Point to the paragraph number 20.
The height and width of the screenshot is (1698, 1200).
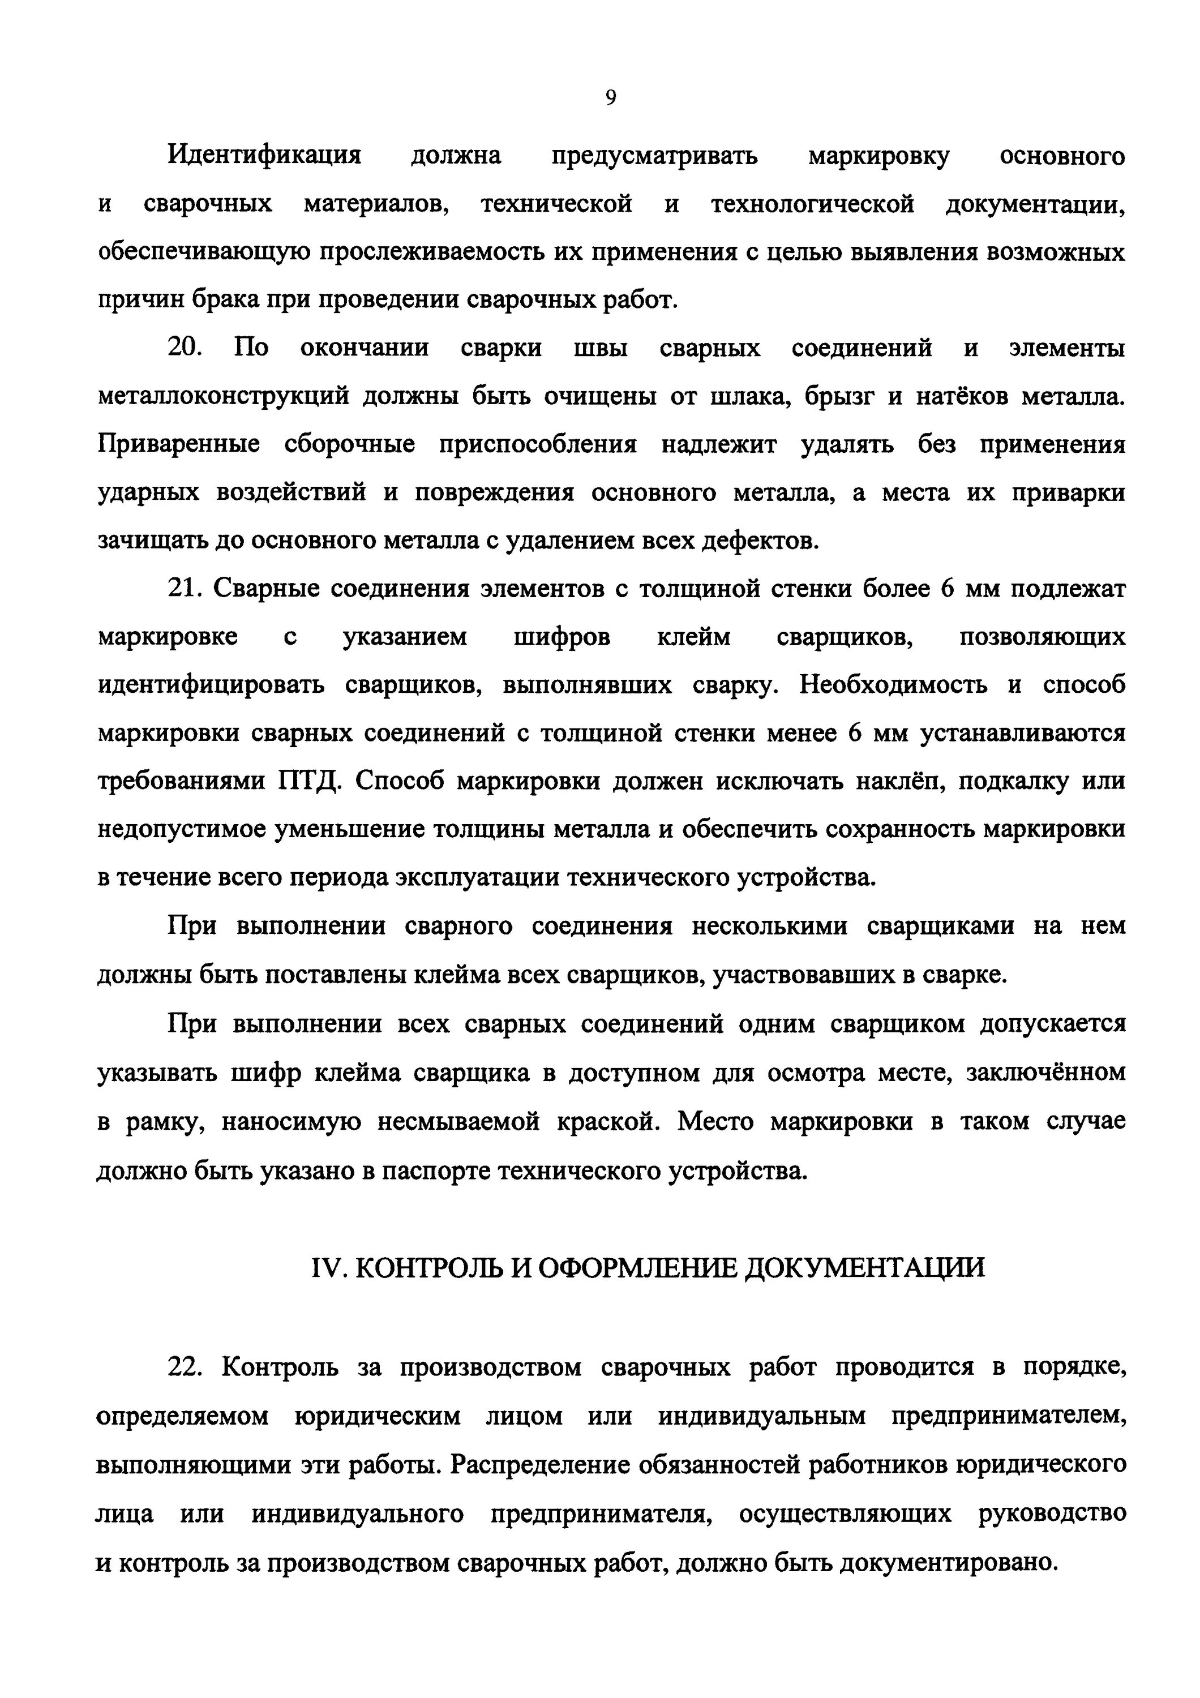pos(184,348)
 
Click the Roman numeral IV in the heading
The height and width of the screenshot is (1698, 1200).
pos(324,1268)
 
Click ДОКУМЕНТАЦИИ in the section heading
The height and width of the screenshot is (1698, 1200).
pos(864,1268)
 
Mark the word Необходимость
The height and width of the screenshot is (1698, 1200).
pos(893,685)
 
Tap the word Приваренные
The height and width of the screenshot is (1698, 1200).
pos(179,444)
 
